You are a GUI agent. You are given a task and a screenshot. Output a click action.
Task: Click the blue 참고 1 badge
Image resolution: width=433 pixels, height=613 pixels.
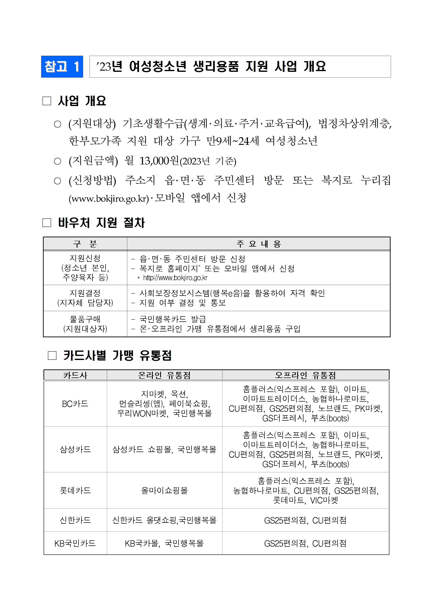[62, 67]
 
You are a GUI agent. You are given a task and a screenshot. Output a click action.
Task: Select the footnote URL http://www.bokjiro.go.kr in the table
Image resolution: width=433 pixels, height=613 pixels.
[175, 278]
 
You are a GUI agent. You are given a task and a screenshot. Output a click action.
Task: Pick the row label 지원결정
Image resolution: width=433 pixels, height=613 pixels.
[85, 293]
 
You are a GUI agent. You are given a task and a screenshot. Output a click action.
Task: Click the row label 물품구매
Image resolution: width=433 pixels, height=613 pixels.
[85, 319]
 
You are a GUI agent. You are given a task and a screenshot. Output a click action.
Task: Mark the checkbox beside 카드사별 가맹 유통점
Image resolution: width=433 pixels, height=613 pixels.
[52, 355]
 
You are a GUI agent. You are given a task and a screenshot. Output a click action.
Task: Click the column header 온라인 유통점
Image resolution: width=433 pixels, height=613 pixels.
[164, 375]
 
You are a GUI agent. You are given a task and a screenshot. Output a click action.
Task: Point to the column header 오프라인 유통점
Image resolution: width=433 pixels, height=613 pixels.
[306, 375]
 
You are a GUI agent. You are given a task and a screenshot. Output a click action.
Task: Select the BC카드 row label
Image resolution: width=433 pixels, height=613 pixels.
[75, 404]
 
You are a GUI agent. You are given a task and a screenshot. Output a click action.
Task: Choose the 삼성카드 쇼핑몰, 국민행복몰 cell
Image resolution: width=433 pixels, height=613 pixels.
[164, 449]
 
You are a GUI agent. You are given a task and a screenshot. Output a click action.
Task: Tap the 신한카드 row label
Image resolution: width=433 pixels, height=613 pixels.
[75, 520]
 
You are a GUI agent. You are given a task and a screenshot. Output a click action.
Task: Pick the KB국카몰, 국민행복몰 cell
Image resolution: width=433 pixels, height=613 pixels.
[164, 543]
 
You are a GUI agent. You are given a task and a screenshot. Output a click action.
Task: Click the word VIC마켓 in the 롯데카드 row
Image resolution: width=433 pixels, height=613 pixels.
[324, 500]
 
